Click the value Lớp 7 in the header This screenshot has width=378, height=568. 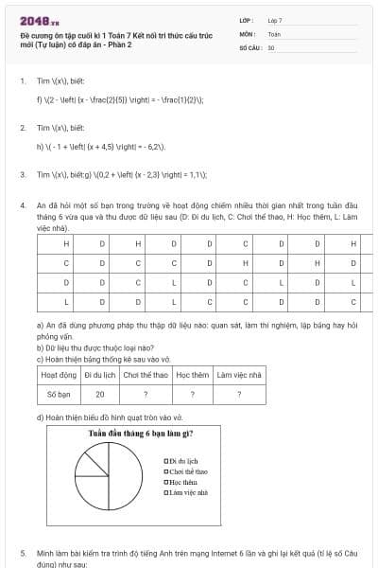pos(274,20)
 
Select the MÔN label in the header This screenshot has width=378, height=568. pos(248,33)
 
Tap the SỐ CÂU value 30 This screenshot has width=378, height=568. pos(271,46)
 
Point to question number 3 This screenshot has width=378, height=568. pos(22,174)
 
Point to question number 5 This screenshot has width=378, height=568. pos(22,552)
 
